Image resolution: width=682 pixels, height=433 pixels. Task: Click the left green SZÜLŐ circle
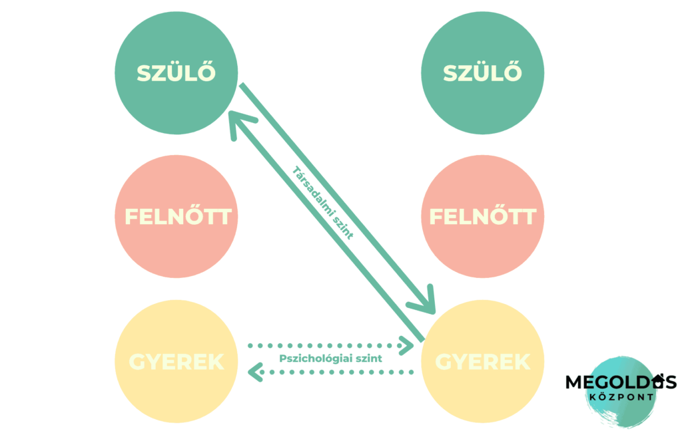(x=176, y=72)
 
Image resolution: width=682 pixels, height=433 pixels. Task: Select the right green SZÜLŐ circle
(x=482, y=72)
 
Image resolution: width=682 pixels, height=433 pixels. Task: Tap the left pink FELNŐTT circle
(x=176, y=217)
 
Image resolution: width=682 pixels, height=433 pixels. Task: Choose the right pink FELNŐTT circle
(x=482, y=217)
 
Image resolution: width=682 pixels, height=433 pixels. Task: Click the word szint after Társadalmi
(x=343, y=225)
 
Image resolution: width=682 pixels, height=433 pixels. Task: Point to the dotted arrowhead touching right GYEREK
(x=408, y=345)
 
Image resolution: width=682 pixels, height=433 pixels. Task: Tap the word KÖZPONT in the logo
(x=620, y=397)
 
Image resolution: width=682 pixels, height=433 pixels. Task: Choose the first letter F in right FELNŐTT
(x=437, y=217)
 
